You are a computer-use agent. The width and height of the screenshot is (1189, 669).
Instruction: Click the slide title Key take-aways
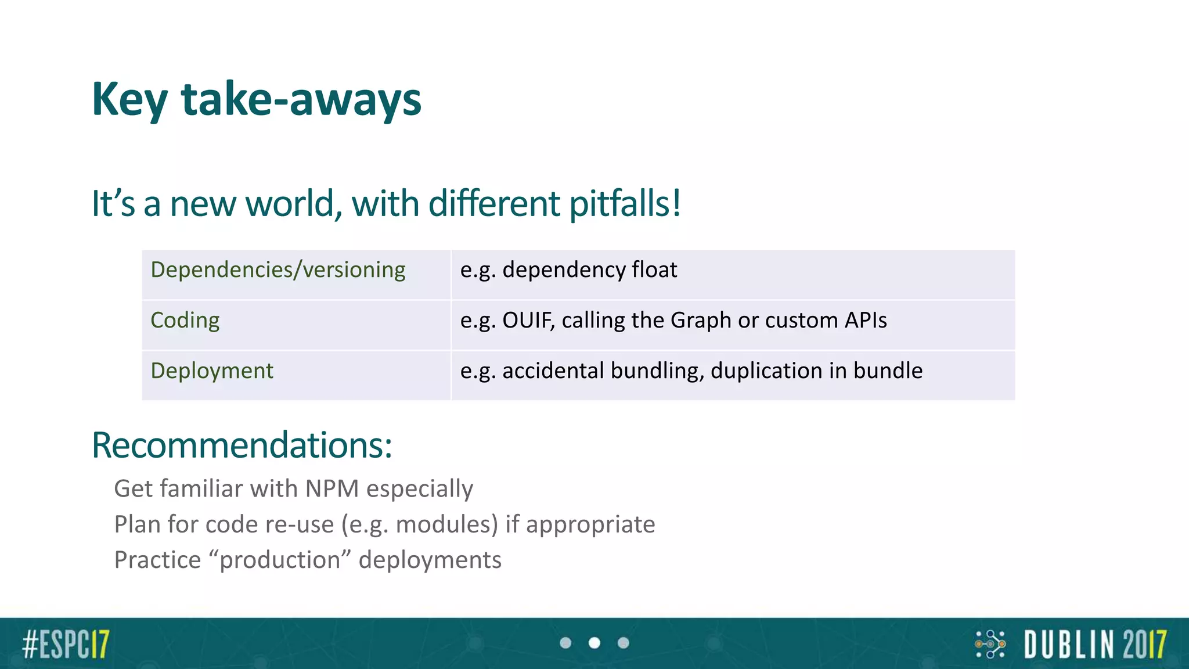tap(256, 100)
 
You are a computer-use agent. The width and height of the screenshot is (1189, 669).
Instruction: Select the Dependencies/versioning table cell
tap(278, 271)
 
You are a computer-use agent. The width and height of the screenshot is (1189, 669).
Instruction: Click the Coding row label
tap(185, 321)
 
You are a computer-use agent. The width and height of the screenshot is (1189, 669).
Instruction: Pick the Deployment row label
tap(211, 371)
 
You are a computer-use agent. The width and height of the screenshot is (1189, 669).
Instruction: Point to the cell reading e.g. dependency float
tap(568, 271)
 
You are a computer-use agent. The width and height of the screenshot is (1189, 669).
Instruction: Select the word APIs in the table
tap(865, 321)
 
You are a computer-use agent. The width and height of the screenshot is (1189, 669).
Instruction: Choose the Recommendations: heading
tap(242, 446)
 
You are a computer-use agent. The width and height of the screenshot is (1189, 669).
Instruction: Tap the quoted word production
tap(279, 560)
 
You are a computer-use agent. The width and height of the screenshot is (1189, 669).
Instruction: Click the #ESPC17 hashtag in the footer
tap(66, 644)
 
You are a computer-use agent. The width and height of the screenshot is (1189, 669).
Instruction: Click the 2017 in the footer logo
tap(1144, 645)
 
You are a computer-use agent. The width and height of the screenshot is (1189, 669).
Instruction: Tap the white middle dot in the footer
tap(594, 643)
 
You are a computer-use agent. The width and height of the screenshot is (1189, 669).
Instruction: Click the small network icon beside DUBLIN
tap(990, 644)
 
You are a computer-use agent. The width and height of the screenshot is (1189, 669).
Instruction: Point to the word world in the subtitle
tap(290, 204)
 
